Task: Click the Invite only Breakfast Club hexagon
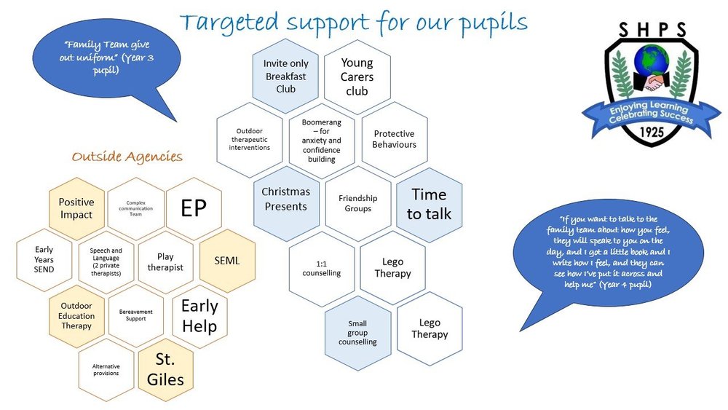tap(286, 76)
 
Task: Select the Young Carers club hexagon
tap(357, 77)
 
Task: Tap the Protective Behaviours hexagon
tap(394, 139)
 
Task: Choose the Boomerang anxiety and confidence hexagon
tap(321, 141)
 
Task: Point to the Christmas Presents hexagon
tap(285, 199)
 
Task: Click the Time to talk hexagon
tap(429, 205)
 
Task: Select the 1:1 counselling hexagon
tap(321, 267)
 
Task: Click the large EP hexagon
tap(194, 209)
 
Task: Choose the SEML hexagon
tap(227, 261)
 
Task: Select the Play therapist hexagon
tap(165, 262)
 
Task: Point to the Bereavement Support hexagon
tap(136, 315)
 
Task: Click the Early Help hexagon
tap(199, 316)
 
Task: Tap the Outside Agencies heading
tap(127, 157)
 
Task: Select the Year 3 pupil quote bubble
tap(98, 57)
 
